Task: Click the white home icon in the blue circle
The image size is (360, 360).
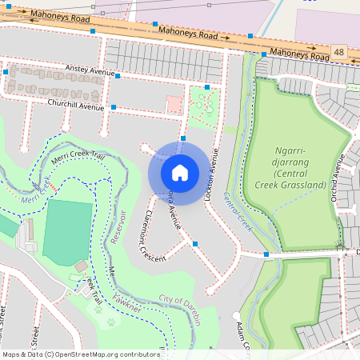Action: pos(180,172)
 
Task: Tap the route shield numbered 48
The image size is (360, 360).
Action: pos(339,52)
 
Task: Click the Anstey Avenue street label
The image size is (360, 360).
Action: pos(90,71)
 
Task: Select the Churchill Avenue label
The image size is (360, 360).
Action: pos(76,105)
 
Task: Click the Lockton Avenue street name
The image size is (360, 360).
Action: pos(212,167)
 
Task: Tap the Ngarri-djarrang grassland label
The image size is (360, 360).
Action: pos(299,167)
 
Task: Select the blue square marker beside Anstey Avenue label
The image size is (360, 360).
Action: pos(117,76)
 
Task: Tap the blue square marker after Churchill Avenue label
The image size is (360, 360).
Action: pos(114,106)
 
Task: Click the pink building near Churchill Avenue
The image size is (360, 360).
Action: pos(173,104)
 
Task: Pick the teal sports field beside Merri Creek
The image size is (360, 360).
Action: pos(67,231)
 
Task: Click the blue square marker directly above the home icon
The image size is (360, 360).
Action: pos(183,138)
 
